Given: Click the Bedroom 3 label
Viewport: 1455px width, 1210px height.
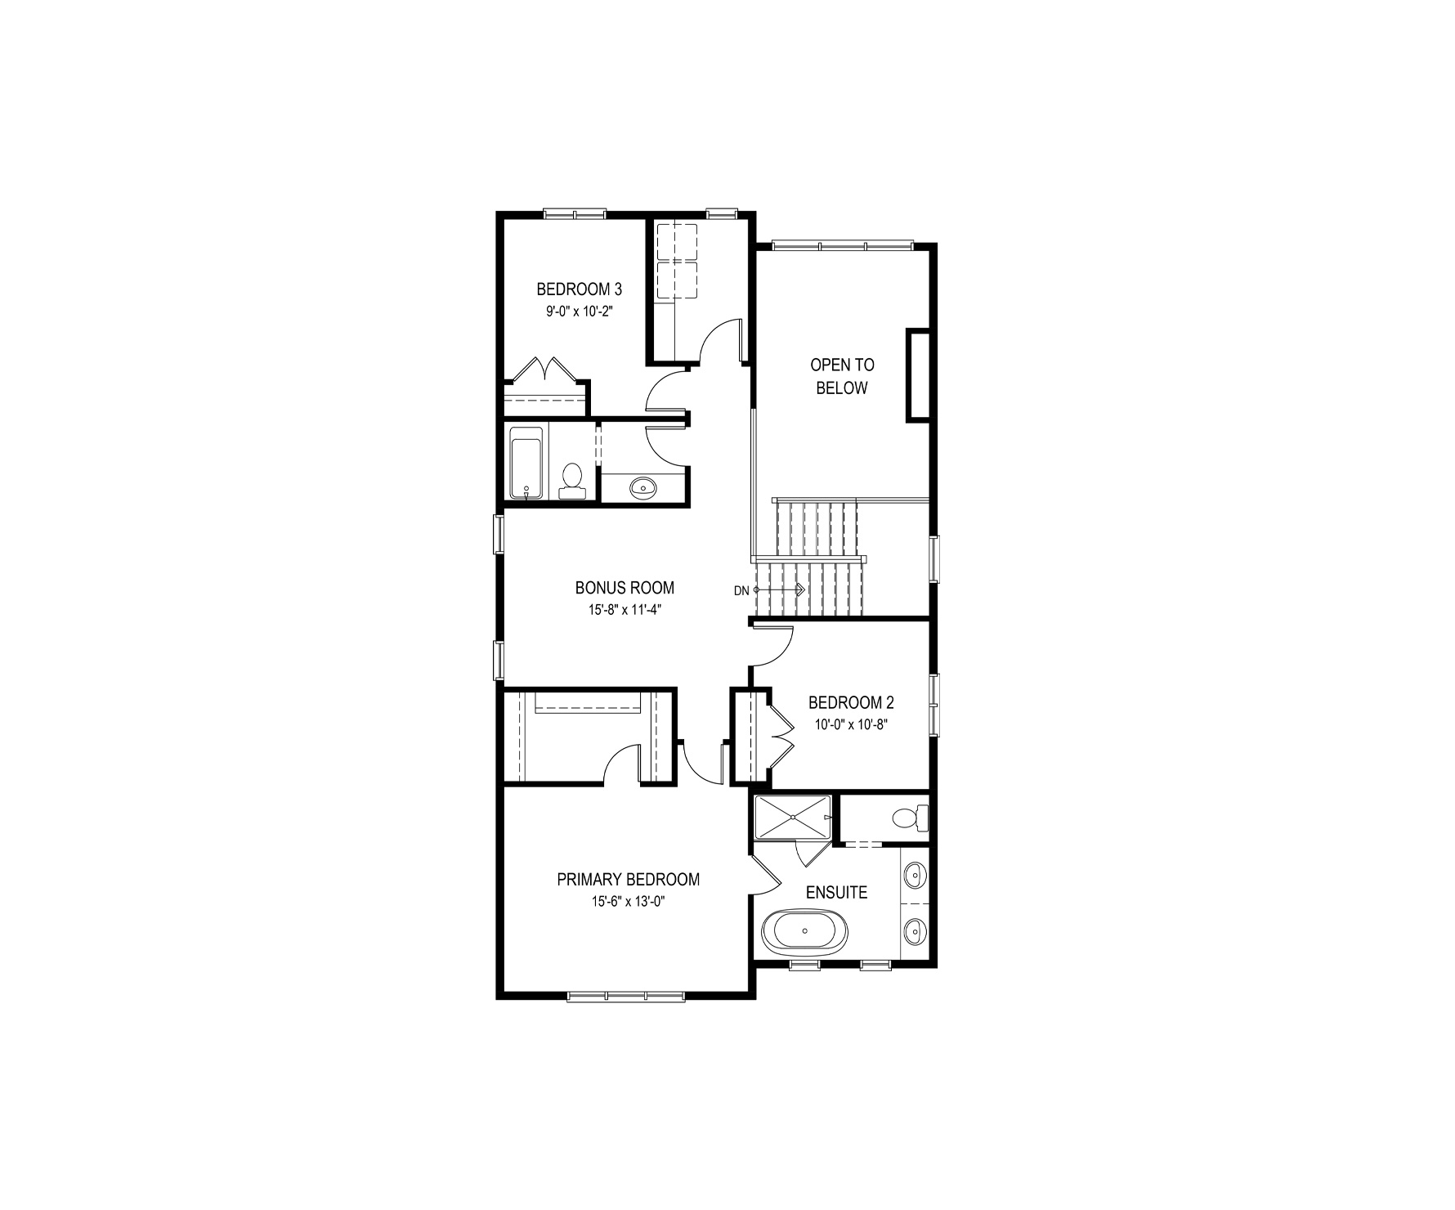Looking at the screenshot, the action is click(x=579, y=289).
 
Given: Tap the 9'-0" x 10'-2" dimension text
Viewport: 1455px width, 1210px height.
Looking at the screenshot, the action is click(x=579, y=311).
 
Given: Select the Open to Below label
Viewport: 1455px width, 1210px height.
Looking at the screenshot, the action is click(x=842, y=376).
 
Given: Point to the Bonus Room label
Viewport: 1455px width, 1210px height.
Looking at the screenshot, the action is click(x=625, y=588).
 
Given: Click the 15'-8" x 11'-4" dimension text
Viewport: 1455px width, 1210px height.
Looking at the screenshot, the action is click(x=625, y=609).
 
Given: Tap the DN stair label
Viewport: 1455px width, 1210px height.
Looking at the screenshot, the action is click(x=741, y=590).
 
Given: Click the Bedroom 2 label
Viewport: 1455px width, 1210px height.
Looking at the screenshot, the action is click(x=851, y=702).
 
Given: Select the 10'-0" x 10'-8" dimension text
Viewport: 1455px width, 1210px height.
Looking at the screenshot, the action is click(x=851, y=724).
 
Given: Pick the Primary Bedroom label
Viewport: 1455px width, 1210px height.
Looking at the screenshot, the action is click(x=628, y=880).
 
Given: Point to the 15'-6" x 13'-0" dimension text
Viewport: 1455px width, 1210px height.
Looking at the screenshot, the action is click(x=628, y=901).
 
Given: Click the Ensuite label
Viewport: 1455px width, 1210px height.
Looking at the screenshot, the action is click(x=836, y=892).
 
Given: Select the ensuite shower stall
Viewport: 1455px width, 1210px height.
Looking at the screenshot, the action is click(x=792, y=816).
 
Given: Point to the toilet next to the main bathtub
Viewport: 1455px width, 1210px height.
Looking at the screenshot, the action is click(x=571, y=480).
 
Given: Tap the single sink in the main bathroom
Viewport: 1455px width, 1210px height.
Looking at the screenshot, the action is click(x=643, y=488).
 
